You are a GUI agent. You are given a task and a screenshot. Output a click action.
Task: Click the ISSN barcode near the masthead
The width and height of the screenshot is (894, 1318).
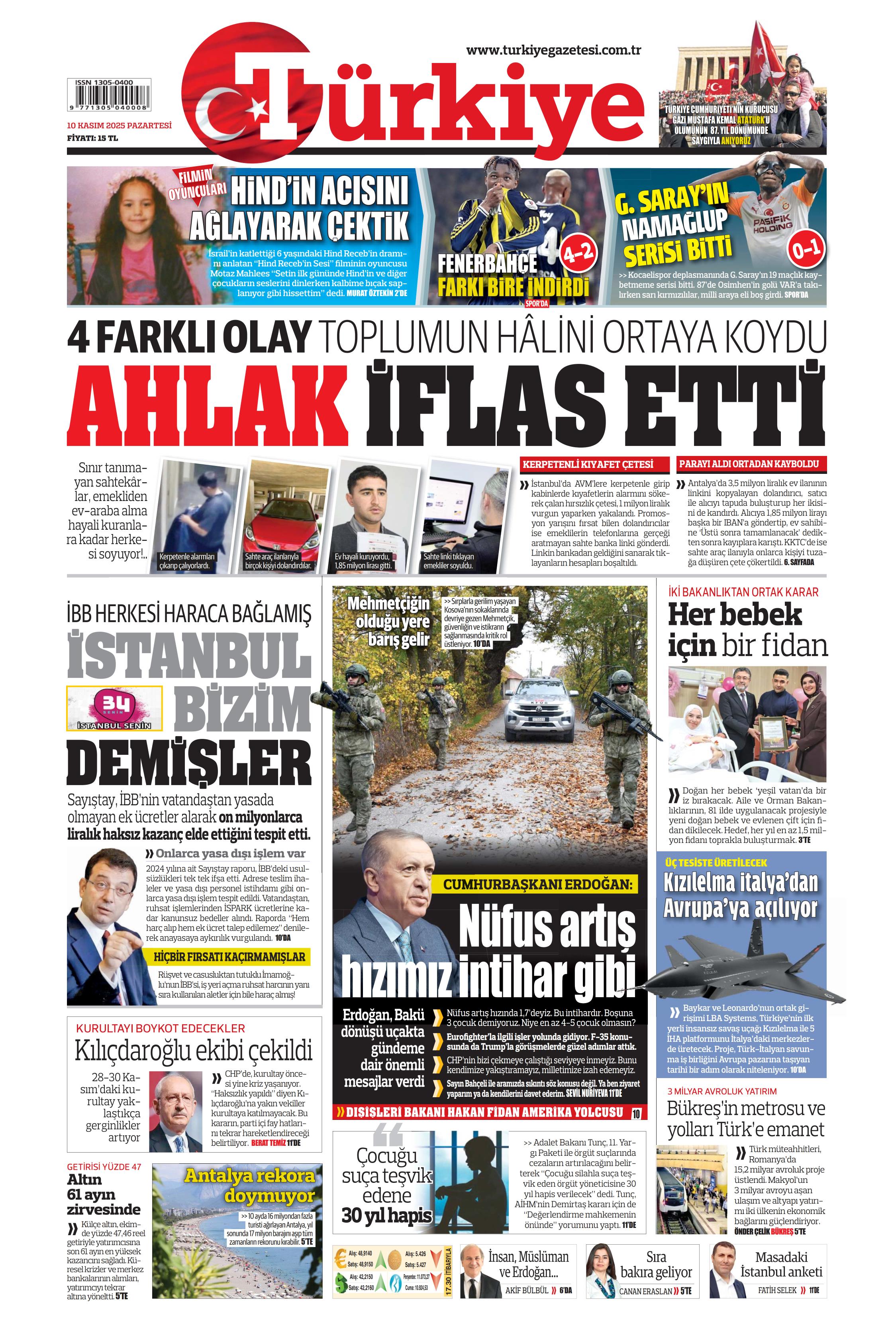click(x=109, y=95)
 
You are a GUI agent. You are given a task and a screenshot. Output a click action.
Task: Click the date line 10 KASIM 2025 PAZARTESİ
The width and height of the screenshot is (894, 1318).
click(x=119, y=126)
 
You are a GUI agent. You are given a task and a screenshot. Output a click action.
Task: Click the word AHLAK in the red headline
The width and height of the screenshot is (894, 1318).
click(x=208, y=405)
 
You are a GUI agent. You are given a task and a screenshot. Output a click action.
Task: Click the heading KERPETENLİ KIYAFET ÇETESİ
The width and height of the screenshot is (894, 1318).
click(x=588, y=464)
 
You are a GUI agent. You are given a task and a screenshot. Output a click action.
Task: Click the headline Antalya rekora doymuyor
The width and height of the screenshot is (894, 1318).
click(x=249, y=1185)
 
